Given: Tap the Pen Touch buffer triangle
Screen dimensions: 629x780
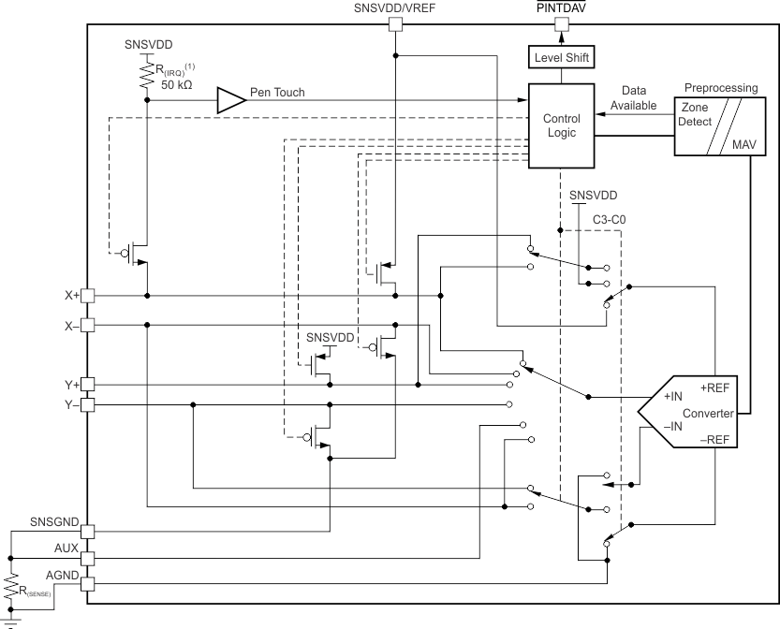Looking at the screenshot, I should click(x=229, y=99).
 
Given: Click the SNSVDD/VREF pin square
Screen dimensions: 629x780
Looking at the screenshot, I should click(x=395, y=26).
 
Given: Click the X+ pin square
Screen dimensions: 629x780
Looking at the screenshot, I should click(x=87, y=295).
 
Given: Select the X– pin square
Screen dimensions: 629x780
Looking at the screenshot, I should click(x=87, y=325).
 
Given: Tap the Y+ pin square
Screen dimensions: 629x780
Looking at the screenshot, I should click(x=87, y=384).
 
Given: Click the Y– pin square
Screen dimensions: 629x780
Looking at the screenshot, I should click(x=87, y=405).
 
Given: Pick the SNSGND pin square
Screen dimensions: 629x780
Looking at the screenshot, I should click(x=87, y=531).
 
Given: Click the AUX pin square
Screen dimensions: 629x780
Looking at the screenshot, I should click(x=87, y=558).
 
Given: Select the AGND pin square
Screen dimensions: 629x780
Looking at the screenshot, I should click(x=87, y=584).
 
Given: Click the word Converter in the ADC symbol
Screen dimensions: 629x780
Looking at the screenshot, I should click(x=709, y=413).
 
